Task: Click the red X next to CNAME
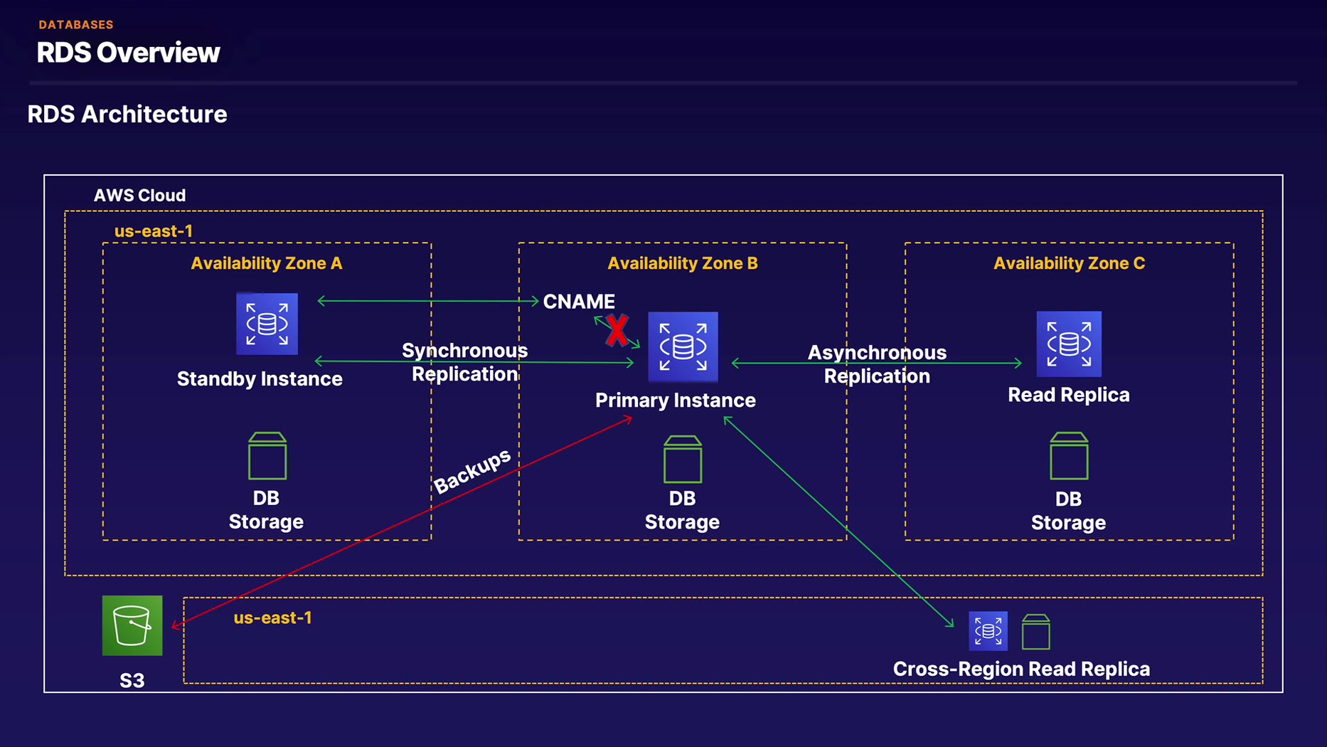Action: click(x=617, y=331)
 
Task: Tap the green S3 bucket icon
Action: click(x=132, y=625)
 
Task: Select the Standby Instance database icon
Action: click(x=267, y=324)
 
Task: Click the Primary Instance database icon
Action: click(x=683, y=346)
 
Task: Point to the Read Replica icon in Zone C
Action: click(x=1068, y=344)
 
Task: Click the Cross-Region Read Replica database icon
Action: click(x=988, y=631)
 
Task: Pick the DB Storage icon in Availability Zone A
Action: click(x=267, y=456)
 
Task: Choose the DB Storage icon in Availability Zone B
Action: click(x=683, y=460)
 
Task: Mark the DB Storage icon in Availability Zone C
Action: click(x=1069, y=456)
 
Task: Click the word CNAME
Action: click(x=579, y=302)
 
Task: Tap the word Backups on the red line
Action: click(x=472, y=470)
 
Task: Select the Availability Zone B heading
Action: click(x=682, y=263)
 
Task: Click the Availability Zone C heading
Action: click(x=1069, y=263)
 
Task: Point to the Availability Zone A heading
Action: click(x=267, y=263)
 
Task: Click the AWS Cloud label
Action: click(x=139, y=196)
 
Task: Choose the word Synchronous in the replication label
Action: click(x=464, y=351)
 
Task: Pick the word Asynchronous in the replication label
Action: click(x=877, y=353)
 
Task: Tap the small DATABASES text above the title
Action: click(x=76, y=25)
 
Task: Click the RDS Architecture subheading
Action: click(x=127, y=115)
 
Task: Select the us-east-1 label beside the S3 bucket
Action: click(x=272, y=618)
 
